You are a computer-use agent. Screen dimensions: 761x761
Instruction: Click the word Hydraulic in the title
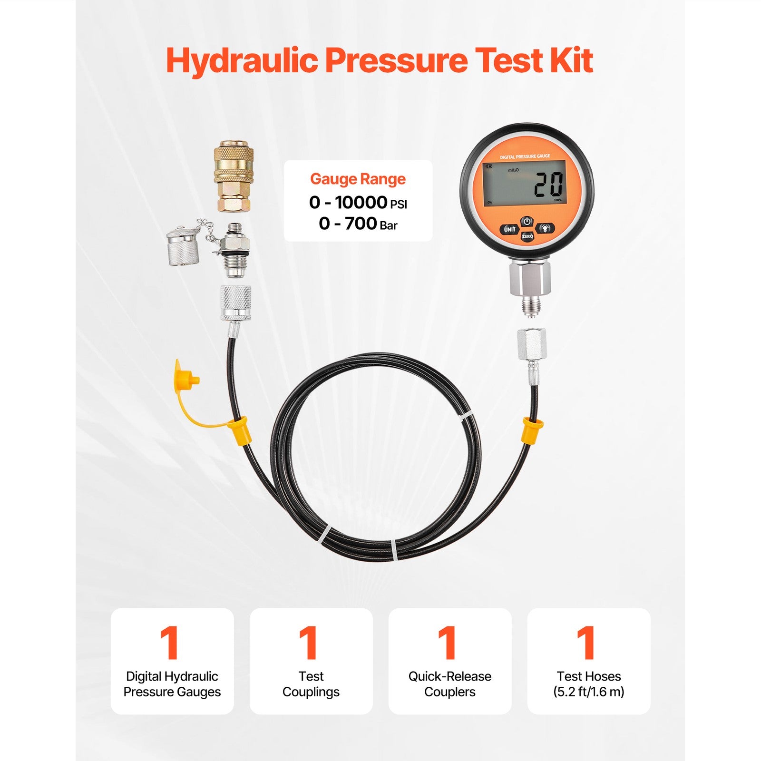(x=242, y=61)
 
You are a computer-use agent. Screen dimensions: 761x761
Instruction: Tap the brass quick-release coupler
(x=233, y=176)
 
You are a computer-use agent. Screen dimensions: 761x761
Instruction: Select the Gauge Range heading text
(x=358, y=179)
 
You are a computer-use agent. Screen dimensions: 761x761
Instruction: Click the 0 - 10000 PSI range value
(x=358, y=203)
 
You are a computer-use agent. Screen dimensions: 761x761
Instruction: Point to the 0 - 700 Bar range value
(x=358, y=224)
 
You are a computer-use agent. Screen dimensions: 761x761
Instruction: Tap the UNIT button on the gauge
(x=509, y=229)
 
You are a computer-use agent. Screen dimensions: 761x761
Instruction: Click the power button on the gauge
(x=527, y=222)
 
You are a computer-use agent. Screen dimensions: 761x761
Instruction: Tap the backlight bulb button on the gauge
(x=545, y=228)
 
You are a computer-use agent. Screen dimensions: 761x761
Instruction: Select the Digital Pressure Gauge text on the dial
(x=525, y=156)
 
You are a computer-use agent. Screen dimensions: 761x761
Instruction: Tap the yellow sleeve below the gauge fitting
(x=532, y=429)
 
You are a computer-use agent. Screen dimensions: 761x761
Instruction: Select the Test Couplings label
(x=311, y=684)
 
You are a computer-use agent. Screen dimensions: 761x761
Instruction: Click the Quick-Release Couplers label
(x=449, y=684)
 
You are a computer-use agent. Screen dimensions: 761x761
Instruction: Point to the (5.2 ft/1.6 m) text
(x=588, y=692)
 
